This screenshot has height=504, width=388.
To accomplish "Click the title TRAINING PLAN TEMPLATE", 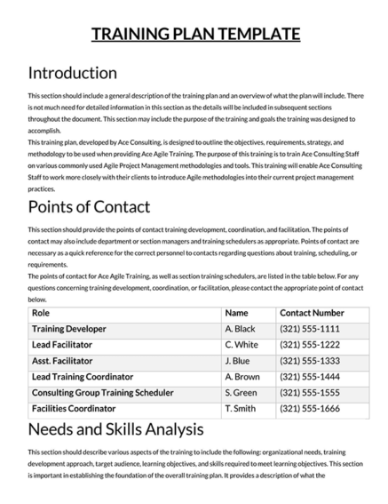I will click(195, 35).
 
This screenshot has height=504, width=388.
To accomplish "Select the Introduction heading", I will click(73, 73).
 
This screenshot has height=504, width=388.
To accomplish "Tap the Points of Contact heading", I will click(89, 207).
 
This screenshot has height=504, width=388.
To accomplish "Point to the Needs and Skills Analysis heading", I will click(115, 430).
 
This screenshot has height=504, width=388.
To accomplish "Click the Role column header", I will click(41, 314).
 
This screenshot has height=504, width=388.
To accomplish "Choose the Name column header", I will click(237, 314).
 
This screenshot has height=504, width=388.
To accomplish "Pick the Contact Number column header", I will click(312, 314).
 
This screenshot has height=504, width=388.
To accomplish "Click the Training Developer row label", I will click(68, 329).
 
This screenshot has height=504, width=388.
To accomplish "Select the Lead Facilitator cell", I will click(64, 345).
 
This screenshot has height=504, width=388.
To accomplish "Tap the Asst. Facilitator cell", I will click(63, 361).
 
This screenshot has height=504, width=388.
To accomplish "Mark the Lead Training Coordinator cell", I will click(87, 377).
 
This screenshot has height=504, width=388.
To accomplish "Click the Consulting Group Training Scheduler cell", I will click(102, 393).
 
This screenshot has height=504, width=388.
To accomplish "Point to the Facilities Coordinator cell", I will click(74, 409).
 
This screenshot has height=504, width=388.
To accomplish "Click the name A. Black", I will click(241, 329).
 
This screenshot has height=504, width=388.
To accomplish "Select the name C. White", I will click(242, 345).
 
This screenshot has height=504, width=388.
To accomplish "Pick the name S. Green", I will click(242, 393).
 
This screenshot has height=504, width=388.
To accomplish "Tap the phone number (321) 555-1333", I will click(311, 361).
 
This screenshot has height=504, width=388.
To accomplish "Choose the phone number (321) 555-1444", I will click(311, 377).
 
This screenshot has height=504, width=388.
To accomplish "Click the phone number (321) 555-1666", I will click(311, 409).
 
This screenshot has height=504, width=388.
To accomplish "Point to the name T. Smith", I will click(241, 409).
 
